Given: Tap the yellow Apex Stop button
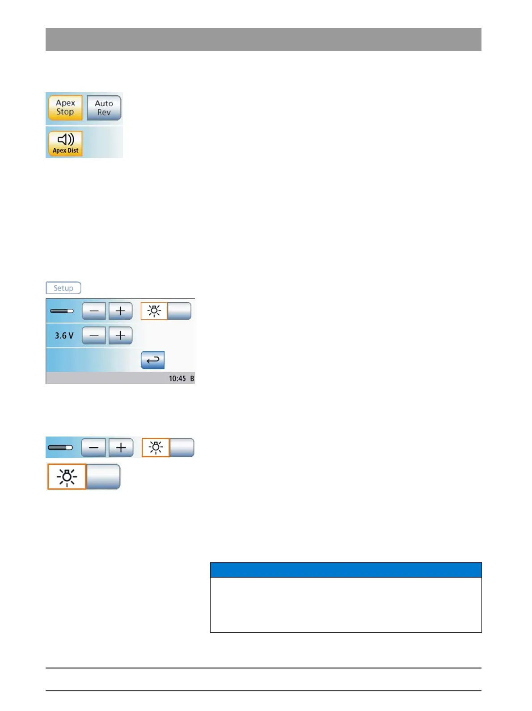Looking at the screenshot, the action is (x=65, y=107).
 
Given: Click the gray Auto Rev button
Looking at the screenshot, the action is (x=104, y=108).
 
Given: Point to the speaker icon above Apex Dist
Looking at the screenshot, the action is (x=66, y=139).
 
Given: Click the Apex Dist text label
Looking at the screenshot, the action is (x=65, y=151).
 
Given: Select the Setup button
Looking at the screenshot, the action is (x=63, y=288).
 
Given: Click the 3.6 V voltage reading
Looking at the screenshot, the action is (x=64, y=335).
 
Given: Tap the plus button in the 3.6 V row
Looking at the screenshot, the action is (x=120, y=335).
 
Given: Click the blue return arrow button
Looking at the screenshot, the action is (x=152, y=360).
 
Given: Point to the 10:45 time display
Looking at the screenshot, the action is (x=177, y=379).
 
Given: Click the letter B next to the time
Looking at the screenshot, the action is (x=192, y=379).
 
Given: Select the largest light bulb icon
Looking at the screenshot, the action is (x=67, y=477).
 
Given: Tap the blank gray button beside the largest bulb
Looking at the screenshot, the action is (x=103, y=477).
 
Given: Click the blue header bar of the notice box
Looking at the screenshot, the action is (x=346, y=570).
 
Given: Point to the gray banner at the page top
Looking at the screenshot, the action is (x=263, y=39).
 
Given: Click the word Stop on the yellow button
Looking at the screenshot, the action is (x=65, y=112).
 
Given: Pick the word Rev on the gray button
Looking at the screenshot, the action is (x=104, y=112).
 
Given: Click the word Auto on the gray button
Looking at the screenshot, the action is (x=104, y=103).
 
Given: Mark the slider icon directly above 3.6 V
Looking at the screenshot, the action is (x=62, y=311).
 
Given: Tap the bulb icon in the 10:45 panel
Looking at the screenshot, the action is (x=154, y=311).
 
